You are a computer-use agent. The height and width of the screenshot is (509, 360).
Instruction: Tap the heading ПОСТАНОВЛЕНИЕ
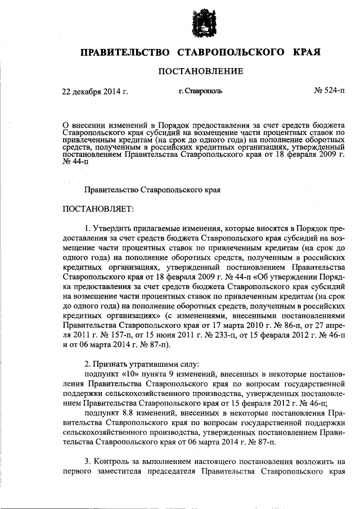coord(200,71)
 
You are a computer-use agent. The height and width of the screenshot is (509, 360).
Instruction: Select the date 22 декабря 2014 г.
coord(95,90)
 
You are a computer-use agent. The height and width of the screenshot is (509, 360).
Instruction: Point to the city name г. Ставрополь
coord(200,90)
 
